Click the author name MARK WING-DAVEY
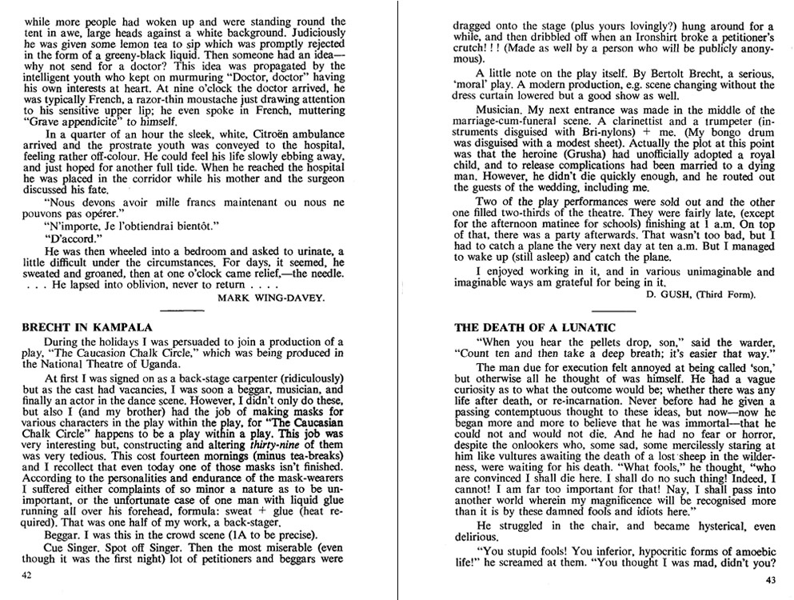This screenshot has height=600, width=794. pyautogui.click(x=269, y=297)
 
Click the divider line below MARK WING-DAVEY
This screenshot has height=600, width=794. pyautogui.click(x=182, y=310)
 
